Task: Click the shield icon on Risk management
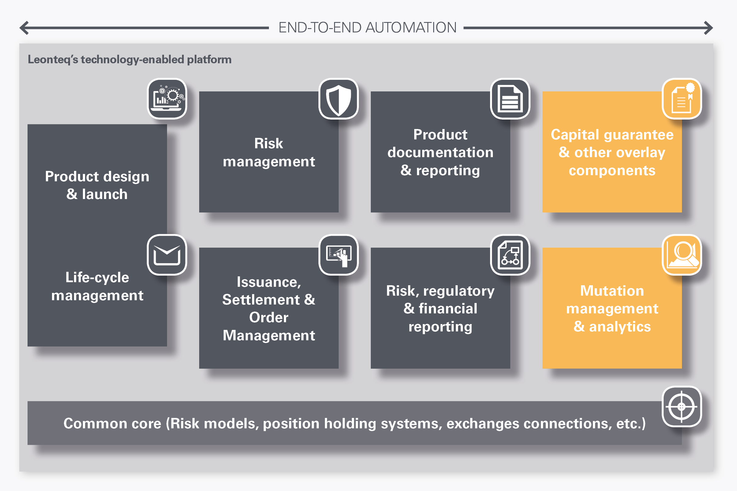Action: [338, 99]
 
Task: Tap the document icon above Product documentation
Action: [510, 99]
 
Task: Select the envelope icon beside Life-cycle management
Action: [167, 255]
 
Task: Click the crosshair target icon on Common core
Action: [682, 406]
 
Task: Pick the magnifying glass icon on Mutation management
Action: [682, 255]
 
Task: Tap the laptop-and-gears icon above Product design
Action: [167, 99]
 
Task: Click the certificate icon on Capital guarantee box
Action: [682, 99]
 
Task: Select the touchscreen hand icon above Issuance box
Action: [338, 255]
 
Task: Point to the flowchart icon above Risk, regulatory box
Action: [510, 255]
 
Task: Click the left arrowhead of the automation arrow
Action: [24, 28]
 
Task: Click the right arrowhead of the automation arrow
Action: [709, 28]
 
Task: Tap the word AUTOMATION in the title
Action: [411, 28]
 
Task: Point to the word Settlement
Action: [261, 300]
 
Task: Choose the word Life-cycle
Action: [97, 278]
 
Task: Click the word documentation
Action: [440, 153]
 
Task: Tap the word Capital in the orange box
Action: [575, 135]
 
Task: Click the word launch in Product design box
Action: [105, 194]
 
